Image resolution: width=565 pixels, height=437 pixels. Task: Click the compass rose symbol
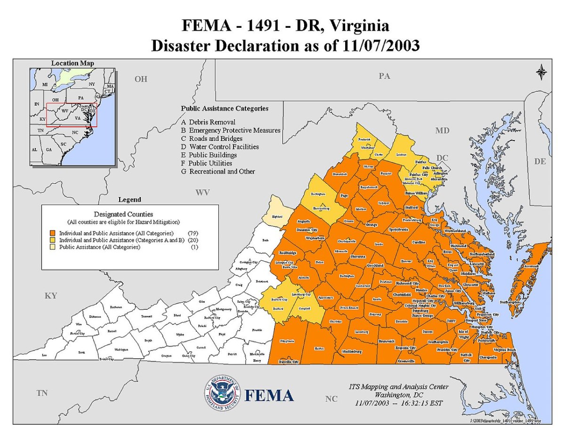click(541, 72)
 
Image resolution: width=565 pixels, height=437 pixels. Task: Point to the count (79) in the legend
click(192, 233)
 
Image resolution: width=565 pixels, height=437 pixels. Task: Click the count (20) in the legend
click(192, 240)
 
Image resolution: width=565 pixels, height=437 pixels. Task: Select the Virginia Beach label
click(505, 350)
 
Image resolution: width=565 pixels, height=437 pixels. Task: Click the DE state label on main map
click(540, 161)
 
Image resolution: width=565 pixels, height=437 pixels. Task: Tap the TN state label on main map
click(42, 393)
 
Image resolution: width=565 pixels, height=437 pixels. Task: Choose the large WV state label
click(202, 192)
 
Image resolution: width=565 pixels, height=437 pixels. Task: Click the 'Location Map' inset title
click(73, 63)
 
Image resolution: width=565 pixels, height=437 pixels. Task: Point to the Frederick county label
click(364, 140)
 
